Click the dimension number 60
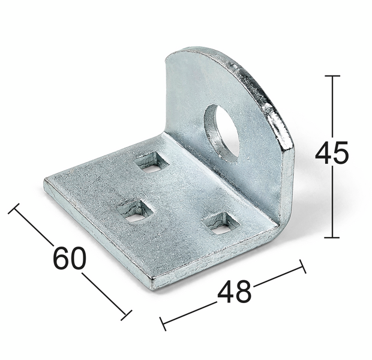(70, 258)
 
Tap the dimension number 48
(234, 292)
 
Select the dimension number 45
(331, 153)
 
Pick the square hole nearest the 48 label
(220, 223)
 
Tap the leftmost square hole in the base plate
(134, 211)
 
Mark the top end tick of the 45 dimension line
(332, 76)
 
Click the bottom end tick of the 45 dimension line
(332, 238)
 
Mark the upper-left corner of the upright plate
(166, 57)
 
